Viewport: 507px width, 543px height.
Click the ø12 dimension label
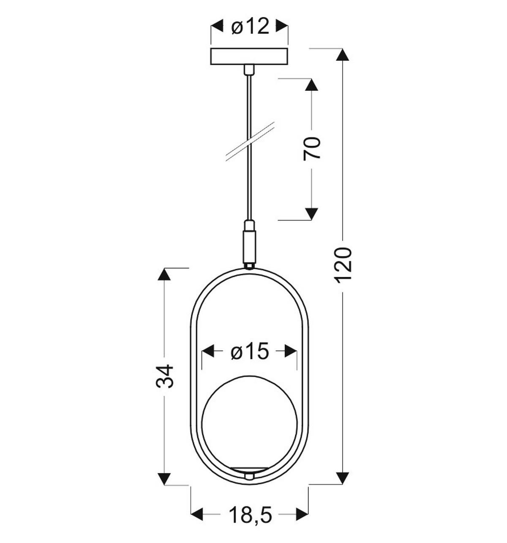[x=250, y=27]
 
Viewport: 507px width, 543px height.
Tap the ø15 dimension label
[x=250, y=352]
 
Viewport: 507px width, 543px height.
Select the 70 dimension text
[x=313, y=148]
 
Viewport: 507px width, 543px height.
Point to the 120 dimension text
[x=343, y=265]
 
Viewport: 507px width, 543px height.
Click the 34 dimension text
[x=165, y=376]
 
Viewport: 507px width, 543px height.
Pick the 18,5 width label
[x=250, y=515]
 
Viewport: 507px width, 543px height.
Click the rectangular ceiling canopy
[x=250, y=57]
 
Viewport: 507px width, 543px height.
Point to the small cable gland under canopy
[x=250, y=69]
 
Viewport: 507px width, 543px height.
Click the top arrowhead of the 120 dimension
[x=343, y=55]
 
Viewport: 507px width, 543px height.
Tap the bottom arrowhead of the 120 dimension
[x=343, y=478]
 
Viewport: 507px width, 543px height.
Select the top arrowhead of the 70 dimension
[x=312, y=85]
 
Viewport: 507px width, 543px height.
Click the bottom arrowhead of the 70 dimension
[x=312, y=214]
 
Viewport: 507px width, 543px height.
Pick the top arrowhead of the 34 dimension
[x=164, y=275]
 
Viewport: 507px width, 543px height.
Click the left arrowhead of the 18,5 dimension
[x=198, y=514]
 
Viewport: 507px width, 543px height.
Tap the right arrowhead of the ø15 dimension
[x=291, y=351]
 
